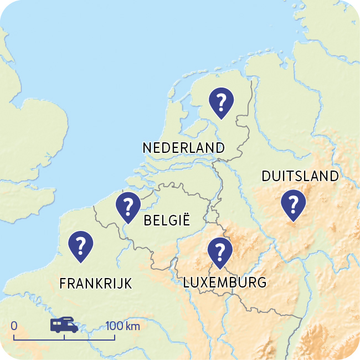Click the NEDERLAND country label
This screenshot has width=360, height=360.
click(183, 148)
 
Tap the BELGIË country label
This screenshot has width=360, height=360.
click(166, 221)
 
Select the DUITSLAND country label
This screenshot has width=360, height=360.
click(300, 176)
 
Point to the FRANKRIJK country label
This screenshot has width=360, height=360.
click(95, 284)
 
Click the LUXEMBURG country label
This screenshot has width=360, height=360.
click(224, 282)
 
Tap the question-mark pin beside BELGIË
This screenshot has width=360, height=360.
click(128, 206)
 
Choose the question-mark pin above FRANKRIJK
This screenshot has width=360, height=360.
click(81, 245)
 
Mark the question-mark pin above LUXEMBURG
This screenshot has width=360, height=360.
click(220, 251)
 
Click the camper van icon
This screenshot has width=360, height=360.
click(64, 325)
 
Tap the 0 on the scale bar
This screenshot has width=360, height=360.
click(14, 326)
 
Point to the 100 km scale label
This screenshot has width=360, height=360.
click(122, 326)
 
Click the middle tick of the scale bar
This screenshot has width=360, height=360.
click(64, 337)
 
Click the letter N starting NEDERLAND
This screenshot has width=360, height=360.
click(147, 148)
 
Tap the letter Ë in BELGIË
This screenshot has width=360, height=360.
click(187, 220)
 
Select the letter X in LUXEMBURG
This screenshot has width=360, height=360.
click(204, 282)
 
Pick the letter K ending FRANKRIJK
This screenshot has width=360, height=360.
click(128, 284)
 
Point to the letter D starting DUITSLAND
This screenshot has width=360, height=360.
click(265, 176)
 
